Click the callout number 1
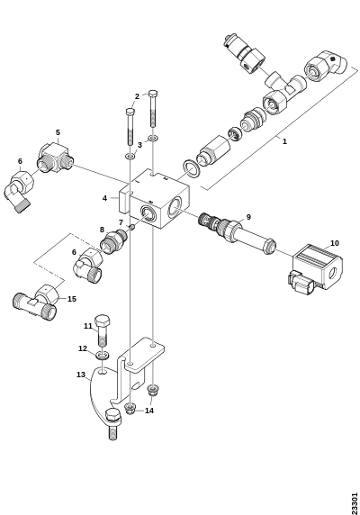tap(284, 141)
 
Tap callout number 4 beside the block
tap(104, 198)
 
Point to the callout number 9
tap(248, 217)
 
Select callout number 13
tap(81, 375)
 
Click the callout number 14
tap(149, 411)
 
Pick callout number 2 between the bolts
tap(137, 96)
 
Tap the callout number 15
tap(72, 299)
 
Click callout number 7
tap(121, 222)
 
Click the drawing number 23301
tap(354, 503)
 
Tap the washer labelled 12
tap(103, 356)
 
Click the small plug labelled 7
tap(132, 227)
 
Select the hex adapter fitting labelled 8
tap(113, 239)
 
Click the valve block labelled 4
tap(154, 200)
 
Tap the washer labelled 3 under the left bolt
tap(130, 156)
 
